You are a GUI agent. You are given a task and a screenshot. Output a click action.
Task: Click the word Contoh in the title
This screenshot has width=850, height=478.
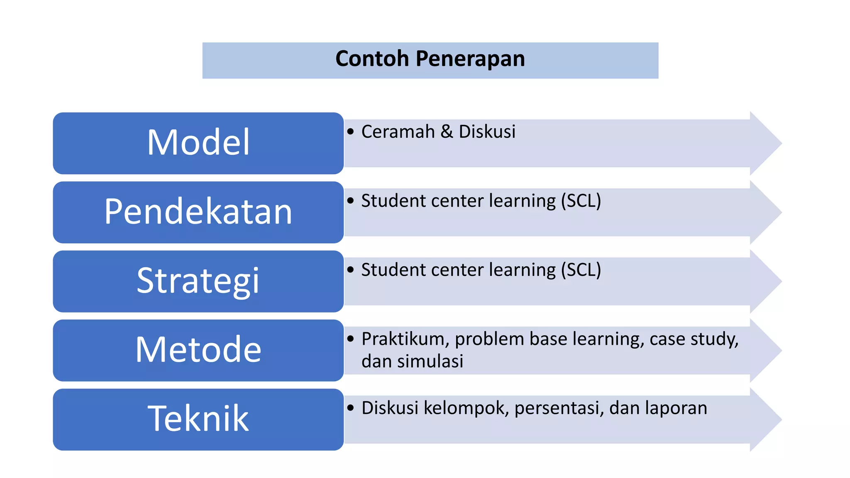point(372,59)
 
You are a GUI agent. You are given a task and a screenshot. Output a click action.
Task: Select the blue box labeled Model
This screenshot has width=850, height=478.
point(198,143)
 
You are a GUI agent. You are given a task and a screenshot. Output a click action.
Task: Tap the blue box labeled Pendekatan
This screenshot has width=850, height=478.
point(198,212)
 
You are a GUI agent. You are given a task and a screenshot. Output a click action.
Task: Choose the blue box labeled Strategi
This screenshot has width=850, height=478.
point(198,281)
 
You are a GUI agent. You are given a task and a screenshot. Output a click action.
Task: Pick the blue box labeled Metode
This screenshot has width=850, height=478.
point(198,350)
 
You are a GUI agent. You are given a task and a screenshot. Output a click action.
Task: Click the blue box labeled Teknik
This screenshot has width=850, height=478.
point(198,419)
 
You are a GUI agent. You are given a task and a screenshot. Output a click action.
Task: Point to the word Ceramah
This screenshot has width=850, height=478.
point(398,132)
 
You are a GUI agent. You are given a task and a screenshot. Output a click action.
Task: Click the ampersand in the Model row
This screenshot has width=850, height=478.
point(446,132)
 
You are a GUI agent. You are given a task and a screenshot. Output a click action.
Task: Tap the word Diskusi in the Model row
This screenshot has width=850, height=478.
point(487,132)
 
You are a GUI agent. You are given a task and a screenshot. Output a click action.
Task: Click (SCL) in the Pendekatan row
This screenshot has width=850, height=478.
point(581,201)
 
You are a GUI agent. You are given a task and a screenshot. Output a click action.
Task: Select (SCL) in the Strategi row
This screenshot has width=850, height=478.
point(581,270)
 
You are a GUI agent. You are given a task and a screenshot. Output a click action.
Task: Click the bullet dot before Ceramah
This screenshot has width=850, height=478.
point(351,132)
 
